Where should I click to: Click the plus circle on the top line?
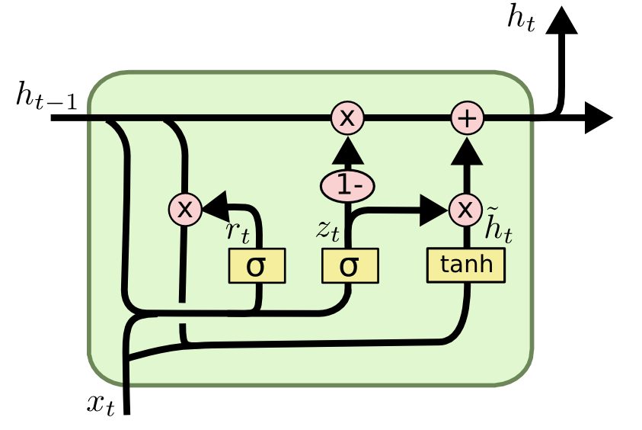click(x=468, y=118)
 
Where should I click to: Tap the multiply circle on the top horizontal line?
click(x=347, y=118)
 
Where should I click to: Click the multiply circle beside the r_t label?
click(x=185, y=208)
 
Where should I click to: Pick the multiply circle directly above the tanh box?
click(x=465, y=209)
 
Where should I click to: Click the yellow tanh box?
click(x=466, y=265)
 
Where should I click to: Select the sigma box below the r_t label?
click(x=257, y=266)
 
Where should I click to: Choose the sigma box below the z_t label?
click(x=350, y=266)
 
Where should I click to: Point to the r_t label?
click(x=238, y=233)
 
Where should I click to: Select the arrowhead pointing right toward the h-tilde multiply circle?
click(x=436, y=209)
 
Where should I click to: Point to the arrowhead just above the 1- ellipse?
click(x=347, y=153)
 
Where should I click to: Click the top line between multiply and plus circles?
click(x=407, y=118)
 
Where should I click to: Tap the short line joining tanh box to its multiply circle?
click(x=465, y=236)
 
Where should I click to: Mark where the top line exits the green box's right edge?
click(x=532, y=118)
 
